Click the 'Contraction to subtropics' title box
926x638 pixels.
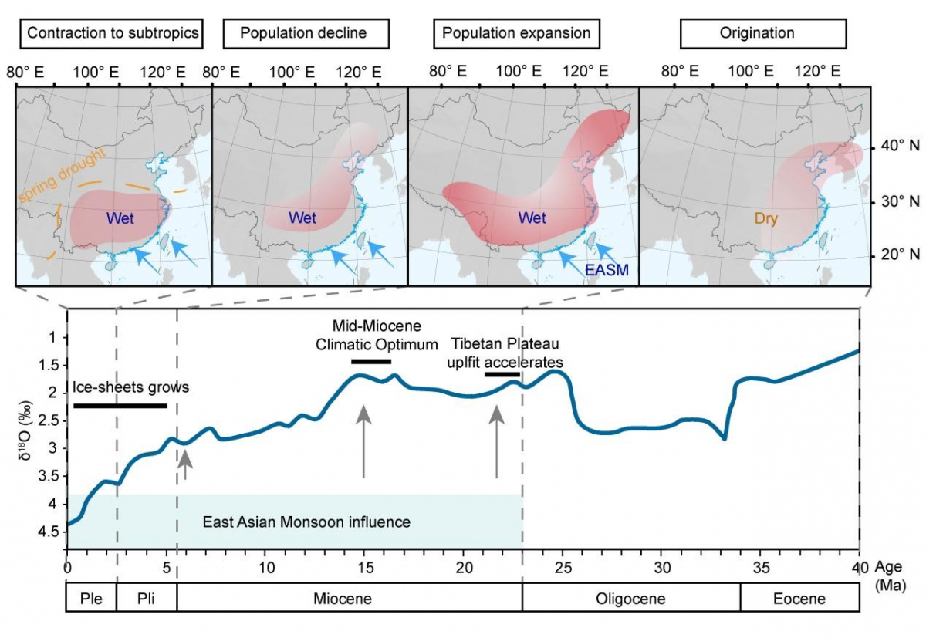tap(113, 33)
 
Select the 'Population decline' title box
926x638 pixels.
tap(303, 33)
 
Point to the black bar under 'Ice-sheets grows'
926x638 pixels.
tap(120, 406)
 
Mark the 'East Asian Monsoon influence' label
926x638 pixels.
tap(306, 522)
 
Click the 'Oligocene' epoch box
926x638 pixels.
tap(631, 599)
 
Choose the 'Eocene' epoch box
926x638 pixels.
tap(799, 599)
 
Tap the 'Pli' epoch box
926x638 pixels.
tap(147, 599)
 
